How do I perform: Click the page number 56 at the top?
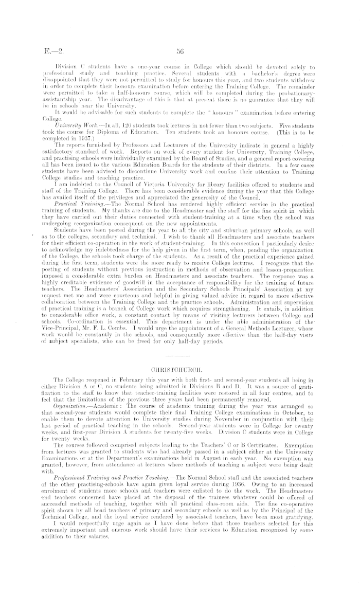(x=180, y=51)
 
